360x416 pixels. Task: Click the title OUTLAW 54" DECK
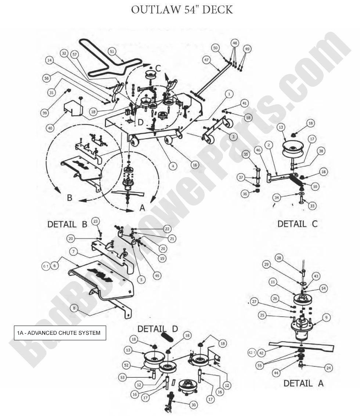[x=182, y=10]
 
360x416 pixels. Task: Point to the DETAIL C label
[x=297, y=224]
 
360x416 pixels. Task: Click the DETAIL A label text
[x=303, y=383]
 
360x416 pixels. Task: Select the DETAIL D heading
[x=158, y=328]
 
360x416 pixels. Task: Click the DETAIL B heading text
[x=67, y=224]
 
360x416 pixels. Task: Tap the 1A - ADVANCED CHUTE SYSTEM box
[x=60, y=333]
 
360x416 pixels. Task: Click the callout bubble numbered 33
[x=312, y=206]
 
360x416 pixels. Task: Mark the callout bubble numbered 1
[x=229, y=94]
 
